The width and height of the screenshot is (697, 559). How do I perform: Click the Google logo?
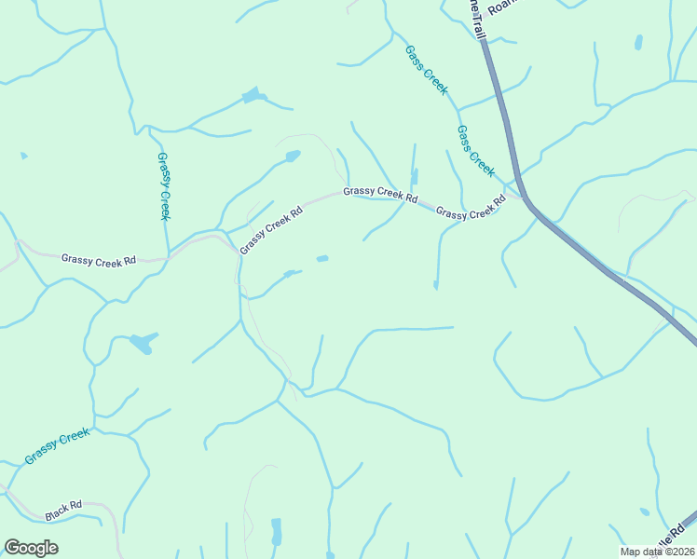31,548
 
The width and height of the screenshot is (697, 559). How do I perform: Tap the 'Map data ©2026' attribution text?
658,552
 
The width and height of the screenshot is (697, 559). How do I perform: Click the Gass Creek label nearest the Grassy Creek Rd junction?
475,151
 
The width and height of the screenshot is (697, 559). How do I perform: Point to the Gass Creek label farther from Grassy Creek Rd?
427,70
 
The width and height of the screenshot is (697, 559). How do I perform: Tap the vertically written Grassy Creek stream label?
164,186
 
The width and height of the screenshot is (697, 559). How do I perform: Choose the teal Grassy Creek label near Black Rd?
57,446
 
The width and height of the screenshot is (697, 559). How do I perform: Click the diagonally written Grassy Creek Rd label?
271,230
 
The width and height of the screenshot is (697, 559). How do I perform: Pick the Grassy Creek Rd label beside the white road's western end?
99,259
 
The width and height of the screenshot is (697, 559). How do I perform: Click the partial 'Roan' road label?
501,6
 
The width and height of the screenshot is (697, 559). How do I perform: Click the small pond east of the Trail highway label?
638,43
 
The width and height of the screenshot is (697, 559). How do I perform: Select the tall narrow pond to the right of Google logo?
276,532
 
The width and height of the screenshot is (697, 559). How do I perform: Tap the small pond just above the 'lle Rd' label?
645,511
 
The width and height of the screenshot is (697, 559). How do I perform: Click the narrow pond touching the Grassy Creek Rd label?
415,176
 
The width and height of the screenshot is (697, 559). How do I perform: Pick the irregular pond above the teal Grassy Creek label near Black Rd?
142,344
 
